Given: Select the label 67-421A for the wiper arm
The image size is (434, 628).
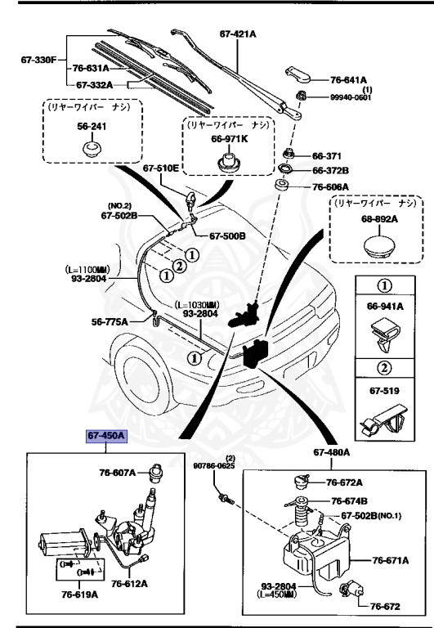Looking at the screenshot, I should click(x=239, y=34).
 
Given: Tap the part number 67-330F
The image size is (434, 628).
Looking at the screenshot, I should click(x=38, y=60).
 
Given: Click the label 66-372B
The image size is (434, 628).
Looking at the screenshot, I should click(x=331, y=171).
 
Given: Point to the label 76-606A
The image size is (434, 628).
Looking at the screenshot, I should click(x=331, y=186).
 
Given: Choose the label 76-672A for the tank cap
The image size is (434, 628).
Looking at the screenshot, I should click(x=345, y=482).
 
